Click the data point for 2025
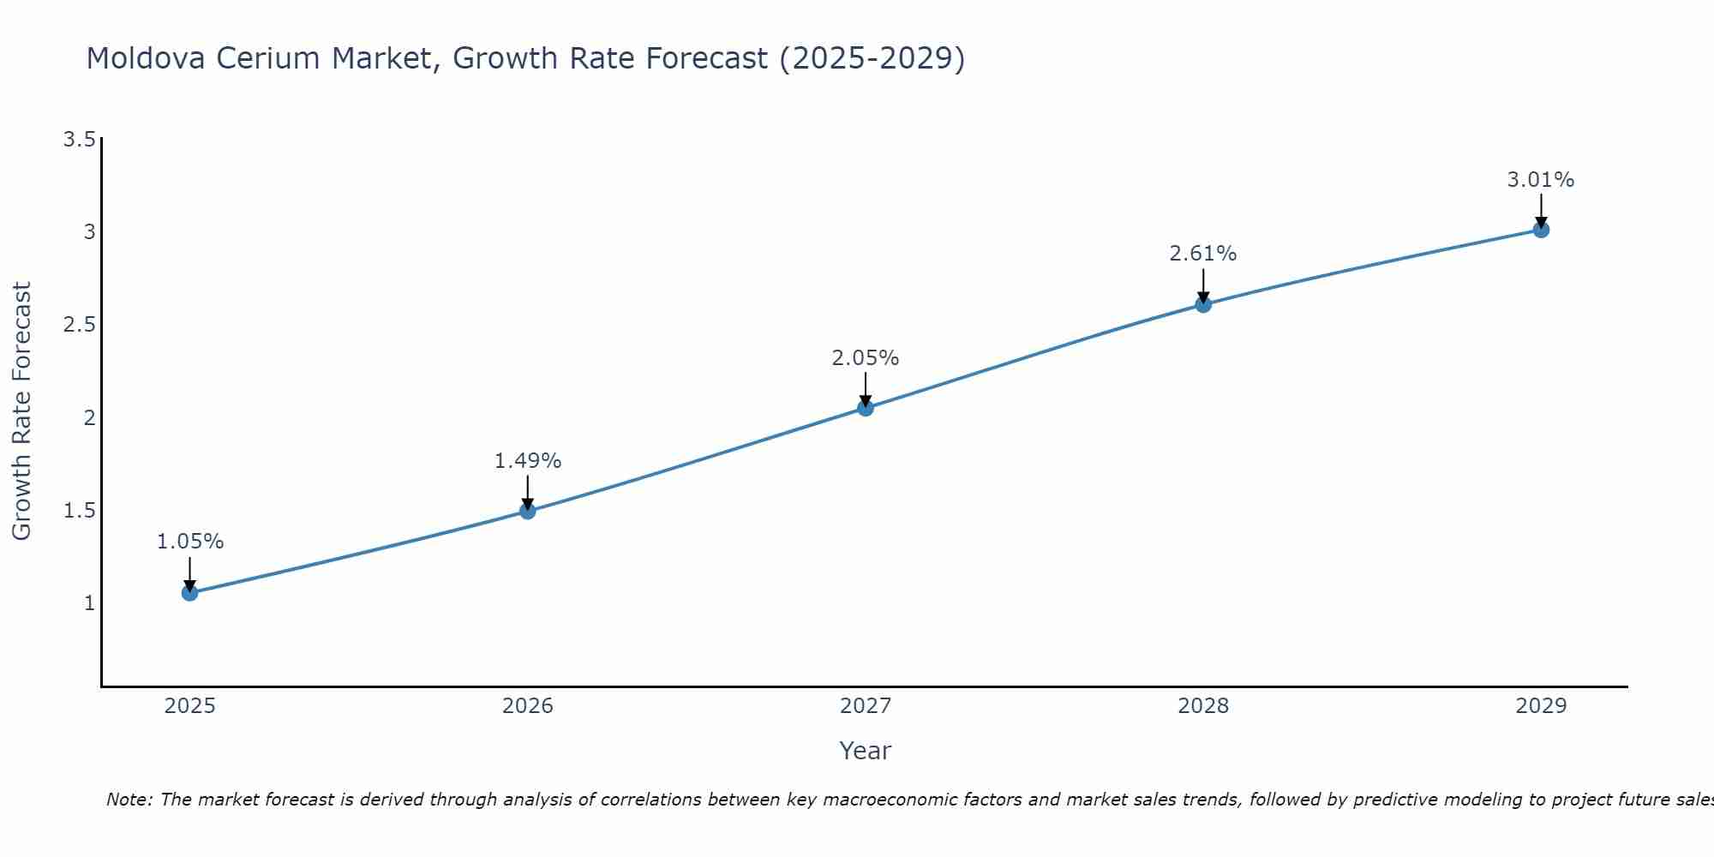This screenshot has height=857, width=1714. (190, 592)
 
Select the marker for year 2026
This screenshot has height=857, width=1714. (528, 511)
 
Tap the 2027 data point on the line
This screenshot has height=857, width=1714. (866, 408)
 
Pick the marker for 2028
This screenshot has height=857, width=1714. (1203, 304)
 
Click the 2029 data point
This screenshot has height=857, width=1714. (1541, 230)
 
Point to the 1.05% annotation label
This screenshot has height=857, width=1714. (190, 542)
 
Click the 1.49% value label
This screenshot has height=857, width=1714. (528, 461)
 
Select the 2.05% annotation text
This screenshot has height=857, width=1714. (866, 358)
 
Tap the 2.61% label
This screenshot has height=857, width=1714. (1203, 254)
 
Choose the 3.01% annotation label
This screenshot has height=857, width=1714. (1541, 180)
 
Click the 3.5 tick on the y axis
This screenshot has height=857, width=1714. (79, 140)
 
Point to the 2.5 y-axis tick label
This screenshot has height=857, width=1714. (79, 325)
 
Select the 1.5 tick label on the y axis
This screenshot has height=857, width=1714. (79, 511)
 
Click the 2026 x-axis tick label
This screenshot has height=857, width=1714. (528, 706)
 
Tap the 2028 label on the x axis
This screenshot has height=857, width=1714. (1203, 706)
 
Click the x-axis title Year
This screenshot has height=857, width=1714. (866, 751)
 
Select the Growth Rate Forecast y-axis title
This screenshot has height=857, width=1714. (21, 411)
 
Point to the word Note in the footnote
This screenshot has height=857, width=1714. (129, 800)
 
